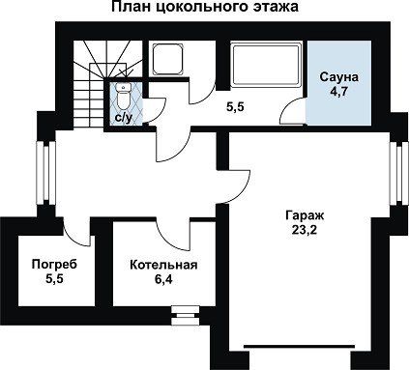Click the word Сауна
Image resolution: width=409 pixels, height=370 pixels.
pos(339,77)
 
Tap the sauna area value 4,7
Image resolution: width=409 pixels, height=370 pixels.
pos(338,92)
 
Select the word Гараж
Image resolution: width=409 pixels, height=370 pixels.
pos(305,215)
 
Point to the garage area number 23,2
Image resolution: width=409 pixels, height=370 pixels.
pos(305,230)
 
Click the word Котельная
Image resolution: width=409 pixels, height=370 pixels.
pos(163,265)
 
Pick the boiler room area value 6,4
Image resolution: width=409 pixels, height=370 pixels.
pos(163,279)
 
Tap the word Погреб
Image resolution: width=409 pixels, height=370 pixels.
pos(54,265)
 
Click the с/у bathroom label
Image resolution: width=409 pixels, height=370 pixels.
pos(124,119)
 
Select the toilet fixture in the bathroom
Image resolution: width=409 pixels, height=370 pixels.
pos(123,96)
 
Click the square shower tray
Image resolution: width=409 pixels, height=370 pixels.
pos(168,60)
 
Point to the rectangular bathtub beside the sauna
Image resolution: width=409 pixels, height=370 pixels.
pos(266,66)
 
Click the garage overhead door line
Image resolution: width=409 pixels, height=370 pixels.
pos(300,347)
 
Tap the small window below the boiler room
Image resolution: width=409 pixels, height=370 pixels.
pos(186,315)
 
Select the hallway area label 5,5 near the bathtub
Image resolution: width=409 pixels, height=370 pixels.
pos(235,107)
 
